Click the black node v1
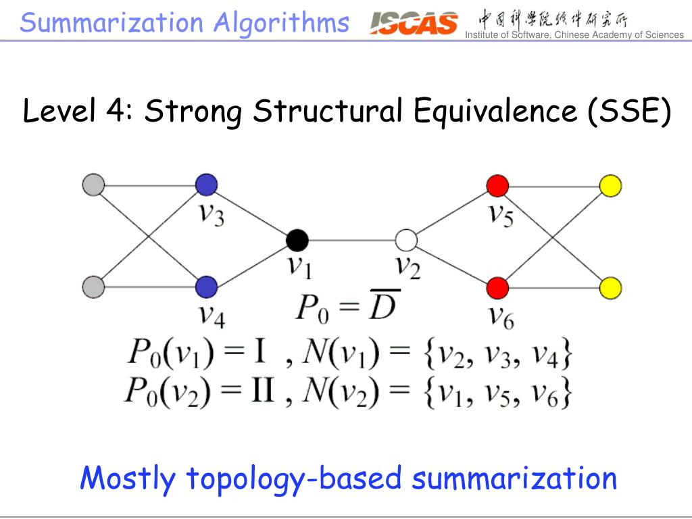pyautogui.click(x=297, y=240)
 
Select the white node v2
pyautogui.click(x=407, y=240)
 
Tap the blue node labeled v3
pyautogui.click(x=206, y=184)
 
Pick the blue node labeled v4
pyautogui.click(x=206, y=287)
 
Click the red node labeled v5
pyautogui.click(x=497, y=184)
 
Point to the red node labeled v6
pyautogui.click(x=497, y=287)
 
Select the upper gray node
pyautogui.click(x=94, y=184)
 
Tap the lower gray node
pyautogui.click(x=94, y=287)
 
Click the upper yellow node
pyautogui.click(x=611, y=184)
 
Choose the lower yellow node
pyautogui.click(x=611, y=287)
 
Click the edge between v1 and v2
pyautogui.click(x=351, y=240)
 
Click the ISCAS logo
pyautogui.click(x=414, y=24)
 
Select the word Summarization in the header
pyautogui.click(x=112, y=23)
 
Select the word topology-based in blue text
pyautogui.click(x=294, y=478)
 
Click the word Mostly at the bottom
pyautogui.click(x=128, y=478)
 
